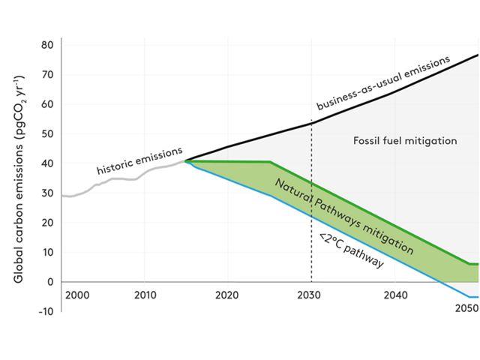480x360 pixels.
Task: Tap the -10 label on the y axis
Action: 46,311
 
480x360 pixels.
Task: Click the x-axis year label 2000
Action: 77,295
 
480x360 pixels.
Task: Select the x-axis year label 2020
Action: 227,295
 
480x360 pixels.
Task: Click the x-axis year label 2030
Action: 310,295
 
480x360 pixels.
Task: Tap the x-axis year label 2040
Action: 392,295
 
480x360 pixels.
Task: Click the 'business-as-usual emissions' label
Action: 383,82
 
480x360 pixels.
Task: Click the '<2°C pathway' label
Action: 351,252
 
